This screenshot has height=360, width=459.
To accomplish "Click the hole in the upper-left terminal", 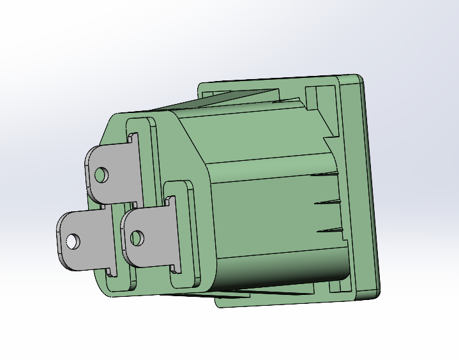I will pyautogui.click(x=101, y=174).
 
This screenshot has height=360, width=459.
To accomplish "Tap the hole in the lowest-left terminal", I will pyautogui.click(x=73, y=241).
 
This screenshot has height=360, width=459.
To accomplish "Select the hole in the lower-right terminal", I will pyautogui.click(x=136, y=238).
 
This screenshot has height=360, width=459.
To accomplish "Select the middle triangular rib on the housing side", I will pyautogui.click(x=329, y=202).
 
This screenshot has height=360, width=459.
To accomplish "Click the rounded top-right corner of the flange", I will pyautogui.click(x=357, y=79).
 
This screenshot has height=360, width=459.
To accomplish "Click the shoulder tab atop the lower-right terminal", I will pyautogui.click(x=170, y=201).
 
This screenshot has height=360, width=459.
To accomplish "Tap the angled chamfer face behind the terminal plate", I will pyautogui.click(x=192, y=147).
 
